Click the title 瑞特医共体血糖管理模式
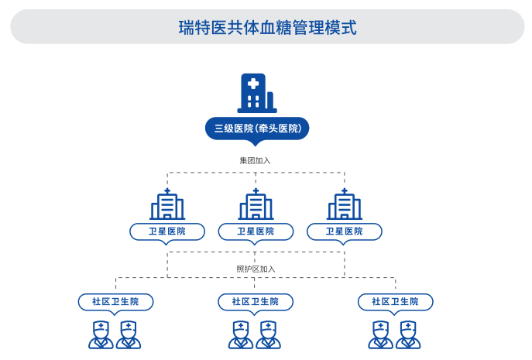(x=267, y=27)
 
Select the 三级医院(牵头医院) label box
(x=256, y=128)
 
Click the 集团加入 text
(x=256, y=160)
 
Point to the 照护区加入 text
(x=256, y=269)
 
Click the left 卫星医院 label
(x=167, y=231)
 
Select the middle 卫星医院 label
(x=256, y=231)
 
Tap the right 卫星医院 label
(x=345, y=231)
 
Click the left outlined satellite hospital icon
(x=167, y=204)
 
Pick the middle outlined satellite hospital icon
(x=256, y=204)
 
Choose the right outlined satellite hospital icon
(x=345, y=204)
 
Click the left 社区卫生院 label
(x=116, y=301)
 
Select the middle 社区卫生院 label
(x=256, y=301)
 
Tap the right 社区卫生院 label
(x=395, y=301)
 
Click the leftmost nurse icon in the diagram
(x=101, y=334)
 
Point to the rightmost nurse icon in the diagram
(x=408, y=334)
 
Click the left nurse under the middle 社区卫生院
(x=241, y=334)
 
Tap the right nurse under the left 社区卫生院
(x=129, y=334)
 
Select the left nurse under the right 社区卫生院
(x=380, y=334)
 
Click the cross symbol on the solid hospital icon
(x=252, y=84)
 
